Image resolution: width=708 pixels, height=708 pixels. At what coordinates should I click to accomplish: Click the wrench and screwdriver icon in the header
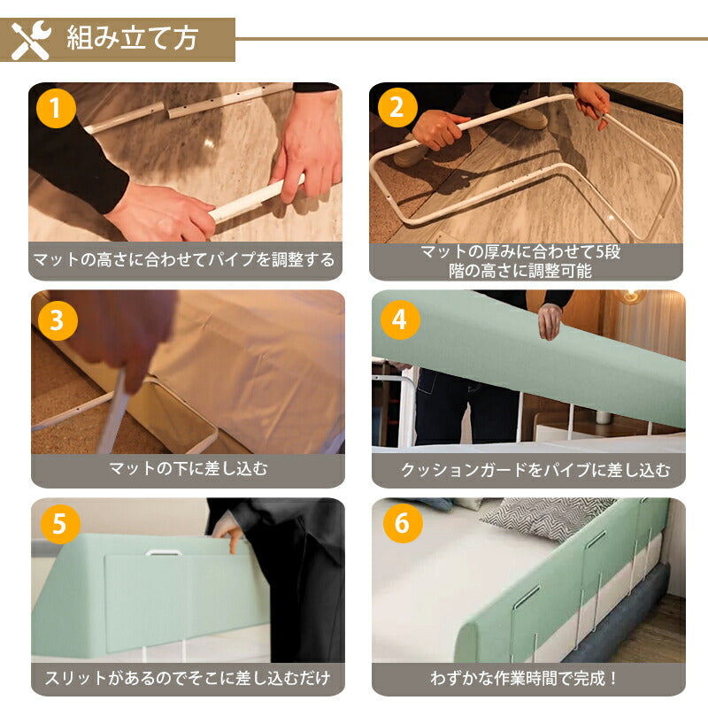[31, 40]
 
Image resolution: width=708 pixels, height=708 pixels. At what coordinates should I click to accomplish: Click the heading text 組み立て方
[132, 38]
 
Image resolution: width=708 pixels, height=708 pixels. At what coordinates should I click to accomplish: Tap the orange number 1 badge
[56, 108]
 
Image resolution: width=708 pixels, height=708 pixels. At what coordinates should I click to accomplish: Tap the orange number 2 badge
[396, 108]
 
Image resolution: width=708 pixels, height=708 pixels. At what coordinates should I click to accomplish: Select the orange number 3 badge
[58, 320]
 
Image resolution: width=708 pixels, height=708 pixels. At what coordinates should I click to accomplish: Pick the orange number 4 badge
[400, 319]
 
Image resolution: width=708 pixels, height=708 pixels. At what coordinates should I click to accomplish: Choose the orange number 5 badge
[60, 524]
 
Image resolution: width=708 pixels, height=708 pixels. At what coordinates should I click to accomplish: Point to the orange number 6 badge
[403, 523]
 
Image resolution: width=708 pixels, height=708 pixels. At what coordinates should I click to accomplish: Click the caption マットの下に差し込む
[188, 469]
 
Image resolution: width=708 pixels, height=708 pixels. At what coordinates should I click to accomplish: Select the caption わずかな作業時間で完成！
[524, 678]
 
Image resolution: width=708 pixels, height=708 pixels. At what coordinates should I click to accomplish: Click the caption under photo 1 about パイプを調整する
[184, 259]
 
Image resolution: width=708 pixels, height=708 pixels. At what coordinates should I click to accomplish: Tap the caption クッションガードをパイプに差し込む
[535, 470]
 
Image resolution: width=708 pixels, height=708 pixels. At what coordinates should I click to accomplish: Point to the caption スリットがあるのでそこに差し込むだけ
[188, 678]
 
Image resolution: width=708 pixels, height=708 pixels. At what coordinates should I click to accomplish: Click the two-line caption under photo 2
[520, 261]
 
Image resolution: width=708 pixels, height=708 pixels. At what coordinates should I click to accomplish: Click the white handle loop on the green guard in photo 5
[164, 552]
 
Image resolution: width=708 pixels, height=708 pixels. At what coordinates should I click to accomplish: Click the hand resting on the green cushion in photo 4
[550, 321]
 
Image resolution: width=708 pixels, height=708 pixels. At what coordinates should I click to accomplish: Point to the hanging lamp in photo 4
[631, 296]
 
